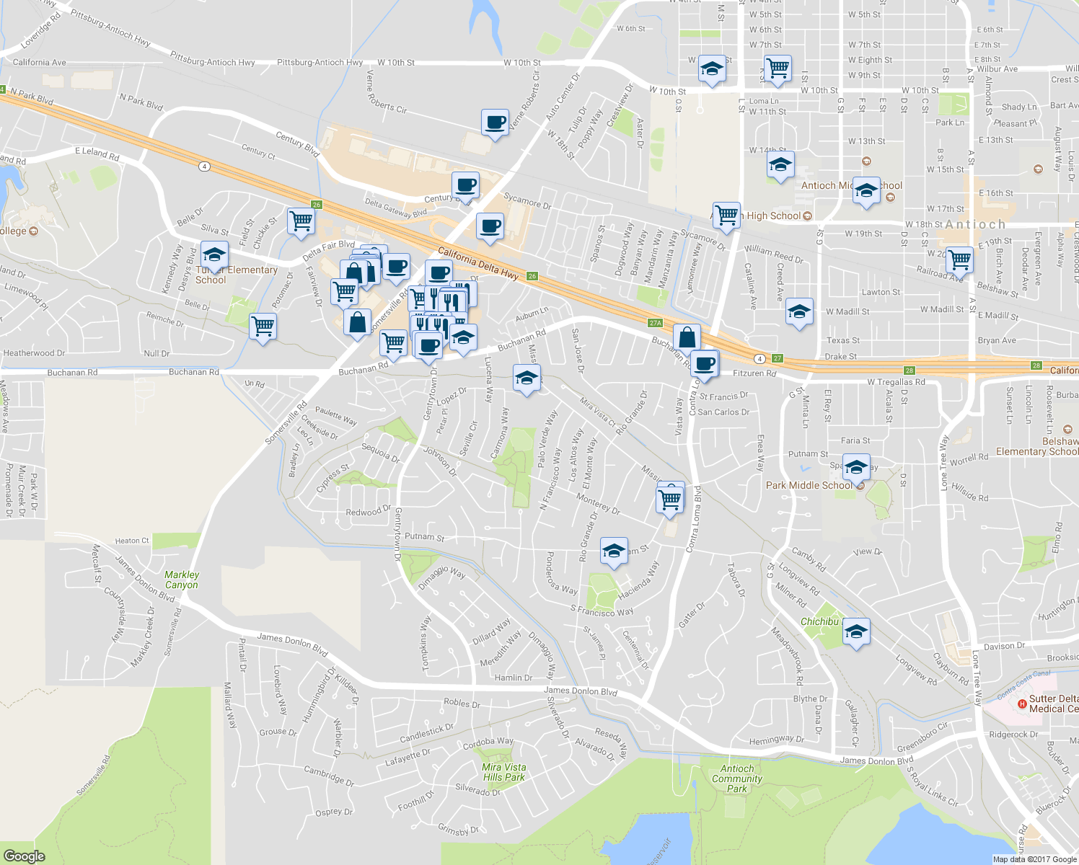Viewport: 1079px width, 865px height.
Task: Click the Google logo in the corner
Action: click(25, 856)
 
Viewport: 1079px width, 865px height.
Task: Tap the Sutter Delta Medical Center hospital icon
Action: click(1021, 704)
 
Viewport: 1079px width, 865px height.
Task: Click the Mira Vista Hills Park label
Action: click(504, 772)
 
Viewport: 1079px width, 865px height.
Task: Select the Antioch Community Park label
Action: click(736, 778)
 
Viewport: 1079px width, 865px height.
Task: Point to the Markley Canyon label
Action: click(182, 580)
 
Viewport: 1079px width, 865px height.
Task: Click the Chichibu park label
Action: click(819, 621)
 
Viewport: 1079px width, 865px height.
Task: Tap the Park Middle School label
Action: click(809, 485)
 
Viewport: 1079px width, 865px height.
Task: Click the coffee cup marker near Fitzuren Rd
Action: click(705, 363)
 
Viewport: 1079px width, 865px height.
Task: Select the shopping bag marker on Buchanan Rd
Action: click(687, 337)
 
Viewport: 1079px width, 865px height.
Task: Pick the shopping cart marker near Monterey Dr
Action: click(670, 498)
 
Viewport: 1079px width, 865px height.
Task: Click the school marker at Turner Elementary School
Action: click(214, 255)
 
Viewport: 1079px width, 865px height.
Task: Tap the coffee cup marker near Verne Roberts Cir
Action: click(495, 123)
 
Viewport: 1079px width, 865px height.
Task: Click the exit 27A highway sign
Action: click(655, 323)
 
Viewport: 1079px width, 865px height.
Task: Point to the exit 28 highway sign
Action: click(1036, 365)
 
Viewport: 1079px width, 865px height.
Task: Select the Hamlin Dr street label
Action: click(514, 678)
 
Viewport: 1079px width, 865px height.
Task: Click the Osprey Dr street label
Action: click(334, 812)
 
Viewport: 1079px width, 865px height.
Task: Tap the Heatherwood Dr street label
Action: click(34, 353)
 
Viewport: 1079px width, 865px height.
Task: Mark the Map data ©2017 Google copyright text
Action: click(1034, 859)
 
